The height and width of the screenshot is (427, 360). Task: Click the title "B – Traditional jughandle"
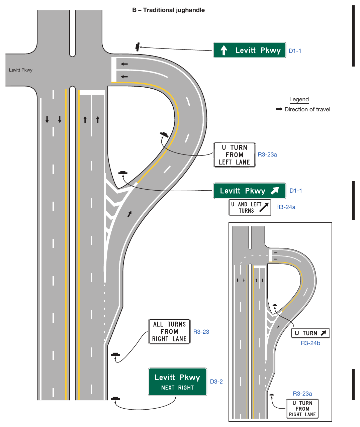coord(168,10)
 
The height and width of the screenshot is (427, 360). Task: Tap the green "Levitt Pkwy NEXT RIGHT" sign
coord(177,382)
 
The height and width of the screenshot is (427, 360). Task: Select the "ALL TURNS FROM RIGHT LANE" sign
coord(169,331)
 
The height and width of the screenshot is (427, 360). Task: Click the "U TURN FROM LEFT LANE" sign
coord(234,155)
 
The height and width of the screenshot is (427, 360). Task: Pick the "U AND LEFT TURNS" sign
coord(250,208)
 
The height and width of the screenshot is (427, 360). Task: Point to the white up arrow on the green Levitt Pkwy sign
coord(224,50)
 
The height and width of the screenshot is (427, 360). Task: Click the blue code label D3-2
coord(216,382)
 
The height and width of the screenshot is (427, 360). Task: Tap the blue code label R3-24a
coord(286,207)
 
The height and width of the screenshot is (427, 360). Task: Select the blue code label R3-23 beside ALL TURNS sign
coord(201,332)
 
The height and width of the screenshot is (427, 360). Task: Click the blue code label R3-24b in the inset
coord(310,343)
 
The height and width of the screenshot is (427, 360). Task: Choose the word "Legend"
coord(299,99)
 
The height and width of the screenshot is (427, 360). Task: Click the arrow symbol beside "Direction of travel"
coord(279,109)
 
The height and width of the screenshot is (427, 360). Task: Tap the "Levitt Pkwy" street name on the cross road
coord(21,70)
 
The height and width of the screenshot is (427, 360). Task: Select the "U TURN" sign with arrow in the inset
coord(310,333)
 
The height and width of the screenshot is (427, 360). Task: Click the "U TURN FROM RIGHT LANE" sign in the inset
coord(302,409)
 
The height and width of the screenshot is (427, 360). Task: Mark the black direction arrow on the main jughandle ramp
coord(129,214)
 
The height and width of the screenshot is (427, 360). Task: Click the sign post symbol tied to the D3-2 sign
coord(115,398)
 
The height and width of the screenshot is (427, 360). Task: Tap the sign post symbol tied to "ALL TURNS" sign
coord(115,354)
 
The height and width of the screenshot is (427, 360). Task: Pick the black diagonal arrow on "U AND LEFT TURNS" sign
coord(264,207)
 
